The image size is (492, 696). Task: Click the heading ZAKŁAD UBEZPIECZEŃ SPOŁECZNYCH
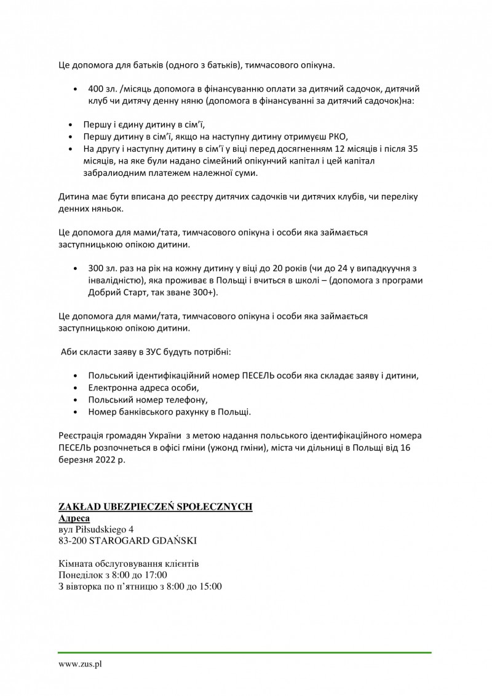point(155,507)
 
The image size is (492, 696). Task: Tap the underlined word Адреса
point(74,518)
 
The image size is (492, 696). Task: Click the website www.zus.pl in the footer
point(80,665)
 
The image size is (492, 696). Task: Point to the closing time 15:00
point(210,586)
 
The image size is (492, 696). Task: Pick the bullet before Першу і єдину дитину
point(75,124)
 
